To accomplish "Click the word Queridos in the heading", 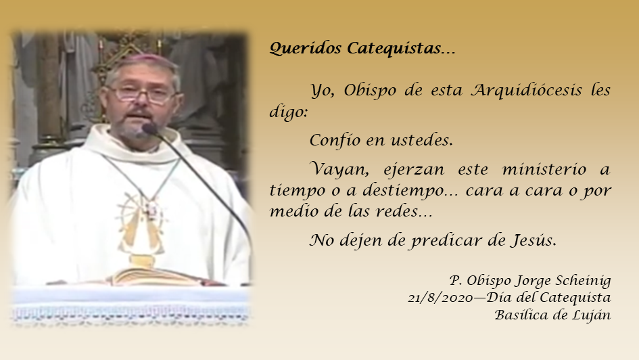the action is point(305,48).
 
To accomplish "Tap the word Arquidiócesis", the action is point(526,91).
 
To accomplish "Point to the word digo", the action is point(288,112).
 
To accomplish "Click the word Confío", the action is point(335,140).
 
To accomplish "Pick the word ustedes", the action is point(421,140).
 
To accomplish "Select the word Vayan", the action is point(339,169).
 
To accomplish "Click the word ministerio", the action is point(544,168).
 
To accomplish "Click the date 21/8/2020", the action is point(440,298).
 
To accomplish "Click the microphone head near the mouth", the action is point(149,129).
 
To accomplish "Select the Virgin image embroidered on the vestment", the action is point(140,227).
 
